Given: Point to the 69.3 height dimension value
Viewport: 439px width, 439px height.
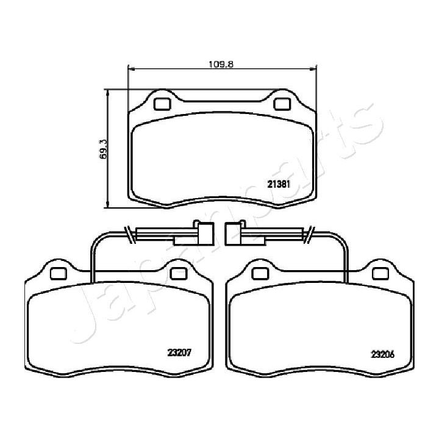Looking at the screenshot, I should pos(103,148).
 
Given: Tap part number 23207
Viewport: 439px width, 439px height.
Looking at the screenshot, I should pos(177,351).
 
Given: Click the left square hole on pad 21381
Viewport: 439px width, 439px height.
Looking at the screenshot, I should pos(162,104).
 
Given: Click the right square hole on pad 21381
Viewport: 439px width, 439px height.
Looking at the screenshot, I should pos(282,104).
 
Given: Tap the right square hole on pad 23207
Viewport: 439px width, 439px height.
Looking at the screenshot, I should pos(178,274).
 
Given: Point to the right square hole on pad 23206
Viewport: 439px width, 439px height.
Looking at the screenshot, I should pos(382,274).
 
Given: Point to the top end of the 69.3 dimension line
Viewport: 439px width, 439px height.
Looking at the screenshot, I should pos(108,90).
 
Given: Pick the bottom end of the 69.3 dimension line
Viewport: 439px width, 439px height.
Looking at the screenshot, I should pos(108,207).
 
